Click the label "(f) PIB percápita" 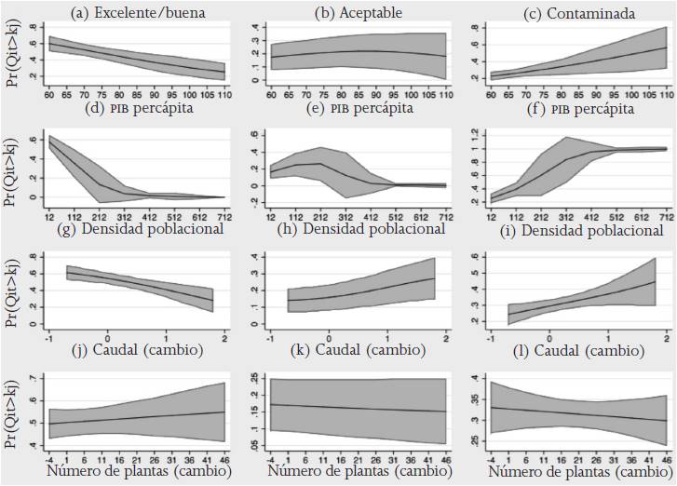(568, 109)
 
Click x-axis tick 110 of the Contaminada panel (662, 95)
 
